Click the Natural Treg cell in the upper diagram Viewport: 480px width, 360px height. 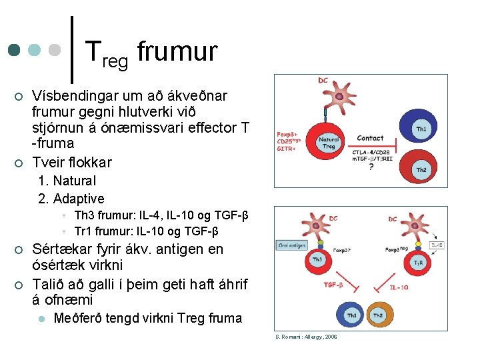click(x=329, y=143)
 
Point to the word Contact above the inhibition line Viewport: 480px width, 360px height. click(x=370, y=138)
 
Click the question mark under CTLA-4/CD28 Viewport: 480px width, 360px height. click(x=371, y=167)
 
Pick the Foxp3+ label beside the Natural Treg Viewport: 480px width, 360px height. click(x=288, y=133)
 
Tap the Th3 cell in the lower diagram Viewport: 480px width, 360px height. click(x=319, y=260)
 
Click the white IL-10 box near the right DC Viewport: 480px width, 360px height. click(x=437, y=245)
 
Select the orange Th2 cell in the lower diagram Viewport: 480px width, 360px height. click(x=378, y=315)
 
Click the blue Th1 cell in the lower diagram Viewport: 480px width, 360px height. click(x=351, y=315)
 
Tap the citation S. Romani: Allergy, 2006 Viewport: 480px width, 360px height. click(x=306, y=337)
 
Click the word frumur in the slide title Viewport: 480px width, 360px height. click(x=177, y=51)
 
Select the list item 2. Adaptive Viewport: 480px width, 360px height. click(x=71, y=199)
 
